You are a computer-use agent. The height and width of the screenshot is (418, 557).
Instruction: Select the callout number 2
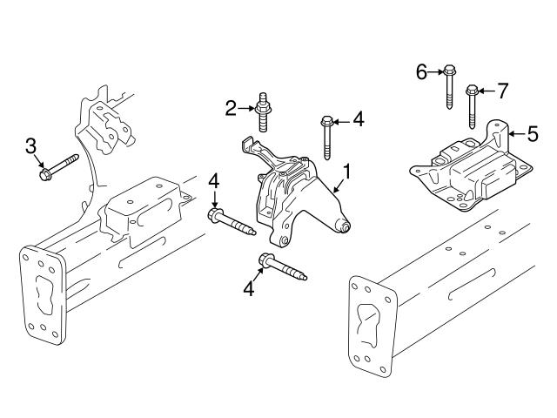[x=231, y=108]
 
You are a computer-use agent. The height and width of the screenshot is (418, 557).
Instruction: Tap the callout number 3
[x=30, y=145]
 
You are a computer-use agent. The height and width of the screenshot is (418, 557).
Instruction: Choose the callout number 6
[x=421, y=71]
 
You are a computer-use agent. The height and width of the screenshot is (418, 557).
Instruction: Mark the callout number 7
[x=501, y=91]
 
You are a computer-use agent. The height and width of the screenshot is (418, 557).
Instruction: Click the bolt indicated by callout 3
[x=57, y=167]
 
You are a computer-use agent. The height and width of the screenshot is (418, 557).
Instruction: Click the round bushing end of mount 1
[x=345, y=227]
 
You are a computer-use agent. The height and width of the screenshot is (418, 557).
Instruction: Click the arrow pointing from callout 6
[x=435, y=71]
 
